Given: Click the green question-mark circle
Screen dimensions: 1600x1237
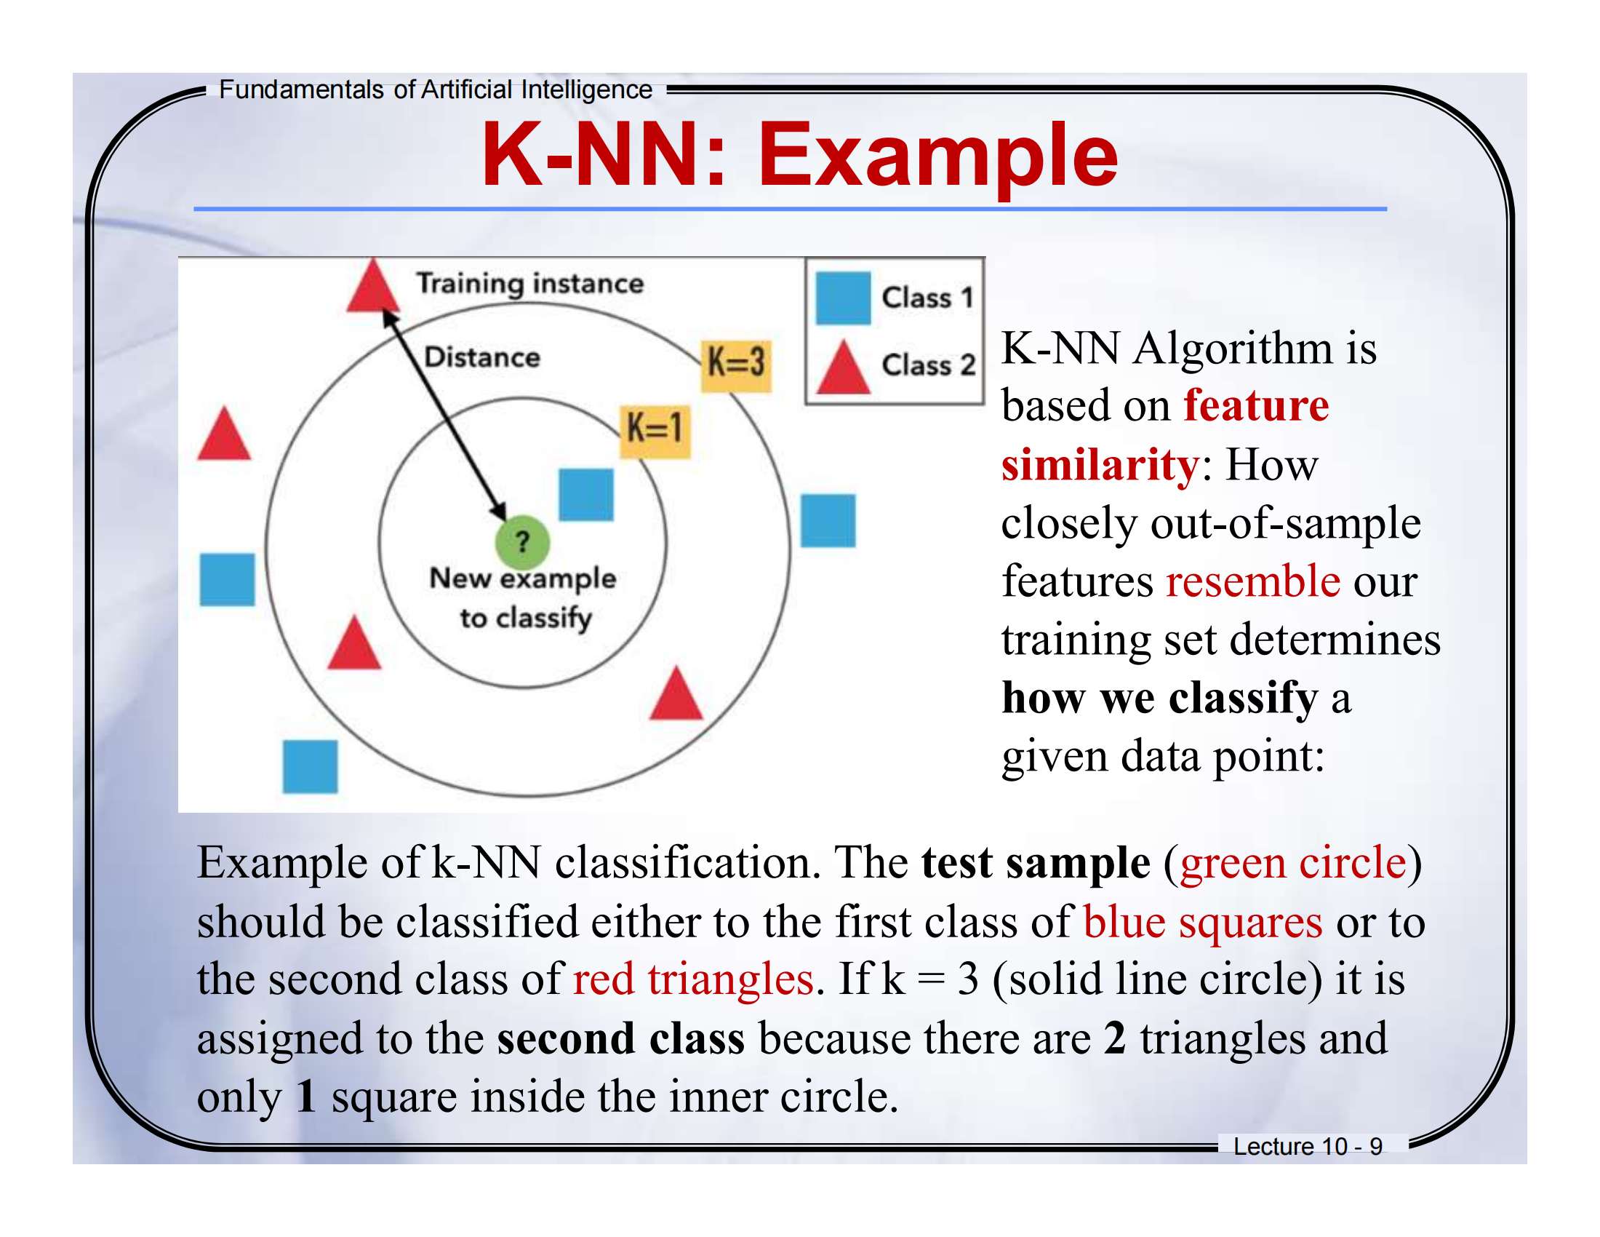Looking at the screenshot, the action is (x=521, y=543).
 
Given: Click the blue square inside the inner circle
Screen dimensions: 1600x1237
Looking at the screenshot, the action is (x=585, y=495).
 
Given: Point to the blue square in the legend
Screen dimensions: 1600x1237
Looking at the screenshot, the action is (x=842, y=298).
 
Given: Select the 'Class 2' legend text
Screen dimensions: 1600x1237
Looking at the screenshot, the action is (x=927, y=365).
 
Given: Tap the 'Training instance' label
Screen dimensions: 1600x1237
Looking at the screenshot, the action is (x=529, y=284).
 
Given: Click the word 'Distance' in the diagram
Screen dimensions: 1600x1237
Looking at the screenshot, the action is (x=482, y=357).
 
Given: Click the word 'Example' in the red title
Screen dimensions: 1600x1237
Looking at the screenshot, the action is (x=937, y=156).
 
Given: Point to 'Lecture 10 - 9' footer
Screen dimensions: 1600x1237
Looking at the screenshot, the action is (x=1307, y=1146).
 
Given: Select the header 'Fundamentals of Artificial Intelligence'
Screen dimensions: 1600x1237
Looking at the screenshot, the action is (x=435, y=90).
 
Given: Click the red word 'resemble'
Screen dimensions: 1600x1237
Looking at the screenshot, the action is (x=1252, y=581).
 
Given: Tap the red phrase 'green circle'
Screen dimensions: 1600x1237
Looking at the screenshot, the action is (x=1293, y=862).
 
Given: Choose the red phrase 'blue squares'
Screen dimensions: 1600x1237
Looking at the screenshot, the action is (x=1202, y=921).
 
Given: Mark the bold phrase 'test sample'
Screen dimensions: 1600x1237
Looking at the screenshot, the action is (x=1035, y=862).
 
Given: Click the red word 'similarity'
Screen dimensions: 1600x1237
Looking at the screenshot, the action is (x=1100, y=465).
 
